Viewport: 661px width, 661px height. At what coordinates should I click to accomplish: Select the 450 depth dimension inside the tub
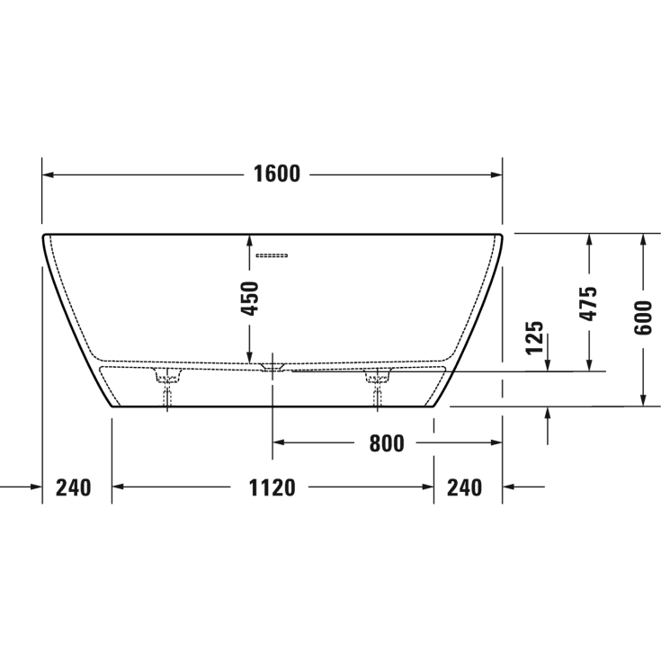coord(250,298)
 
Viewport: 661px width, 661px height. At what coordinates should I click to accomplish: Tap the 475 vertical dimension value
coord(588,304)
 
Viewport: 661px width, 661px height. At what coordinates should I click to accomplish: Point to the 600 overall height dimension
coord(642,317)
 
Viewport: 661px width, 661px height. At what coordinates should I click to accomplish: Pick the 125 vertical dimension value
coord(535,336)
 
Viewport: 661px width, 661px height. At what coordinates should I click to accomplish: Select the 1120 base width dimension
coord(272,487)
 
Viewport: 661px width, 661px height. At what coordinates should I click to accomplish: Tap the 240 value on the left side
coord(74,487)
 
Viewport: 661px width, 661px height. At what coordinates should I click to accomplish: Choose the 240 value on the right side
coord(464,487)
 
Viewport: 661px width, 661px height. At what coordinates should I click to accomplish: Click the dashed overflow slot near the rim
coord(271,255)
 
